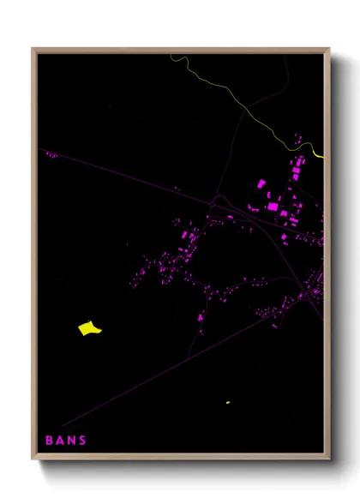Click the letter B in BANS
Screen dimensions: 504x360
(x=49, y=441)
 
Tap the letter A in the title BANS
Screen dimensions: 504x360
(x=60, y=441)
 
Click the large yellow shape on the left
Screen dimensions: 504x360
(x=89, y=327)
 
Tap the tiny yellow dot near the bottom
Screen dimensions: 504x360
(x=227, y=402)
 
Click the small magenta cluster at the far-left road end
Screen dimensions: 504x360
(x=51, y=155)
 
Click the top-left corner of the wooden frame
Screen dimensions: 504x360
(x=33, y=50)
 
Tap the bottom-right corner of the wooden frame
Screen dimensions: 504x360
(x=329, y=459)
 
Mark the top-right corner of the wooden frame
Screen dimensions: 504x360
(x=329, y=50)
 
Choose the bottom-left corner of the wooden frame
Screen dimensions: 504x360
(x=33, y=459)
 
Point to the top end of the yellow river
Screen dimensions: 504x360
(x=171, y=56)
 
